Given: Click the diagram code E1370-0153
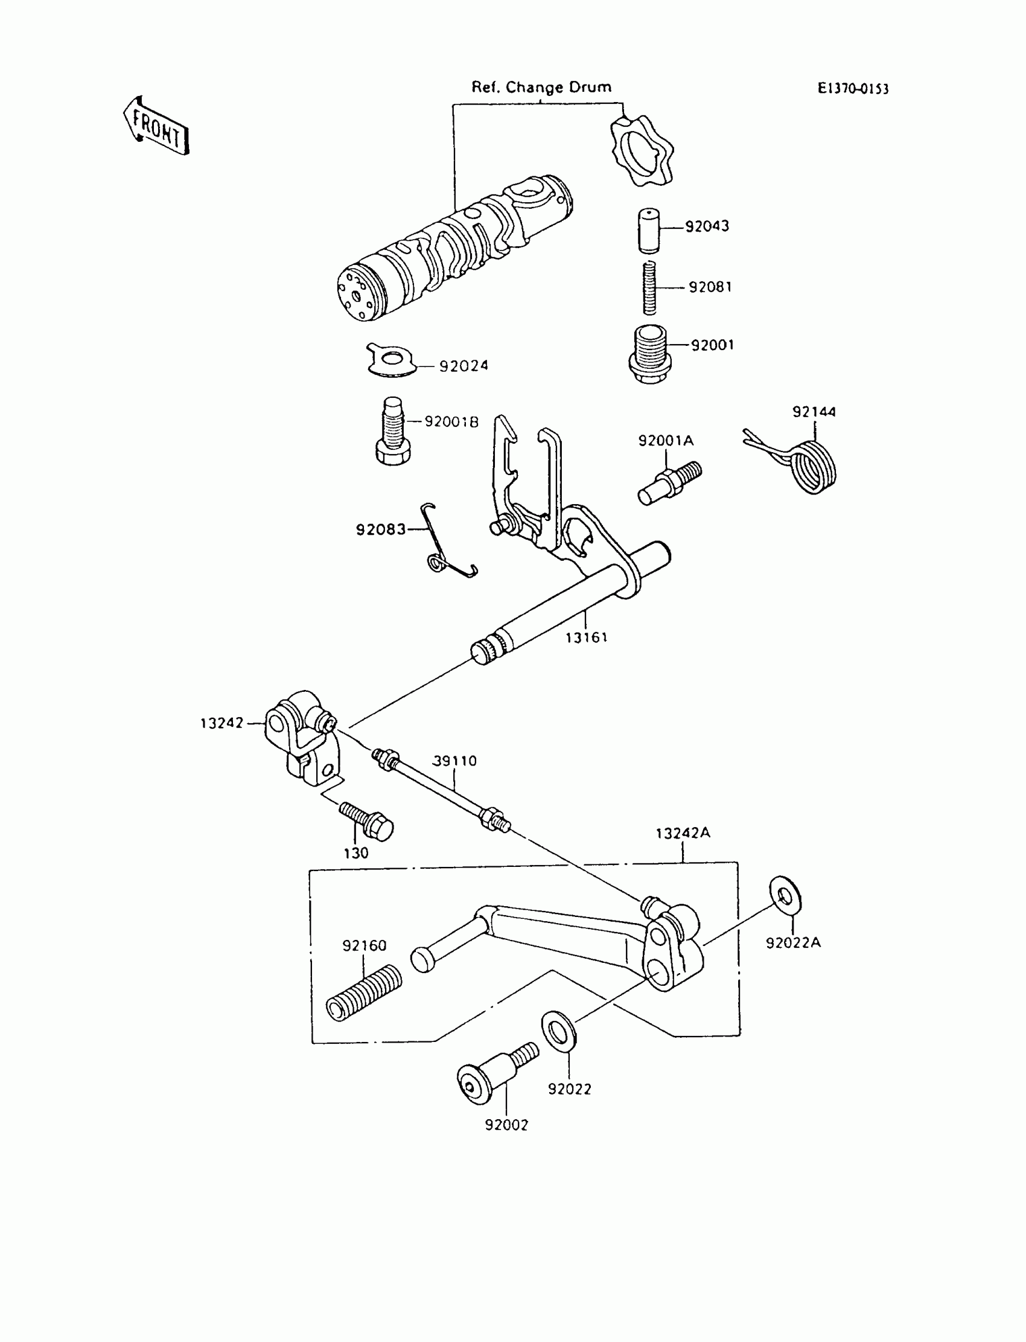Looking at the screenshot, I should point(853,89).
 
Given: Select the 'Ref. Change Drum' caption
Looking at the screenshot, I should point(541,88).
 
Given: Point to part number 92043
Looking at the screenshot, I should point(707,226).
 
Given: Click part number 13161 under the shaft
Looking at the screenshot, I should point(585,637).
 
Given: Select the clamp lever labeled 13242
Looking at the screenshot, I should point(302,737).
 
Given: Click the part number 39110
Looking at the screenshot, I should point(454,761).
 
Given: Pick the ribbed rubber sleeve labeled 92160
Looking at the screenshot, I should point(365,991).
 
